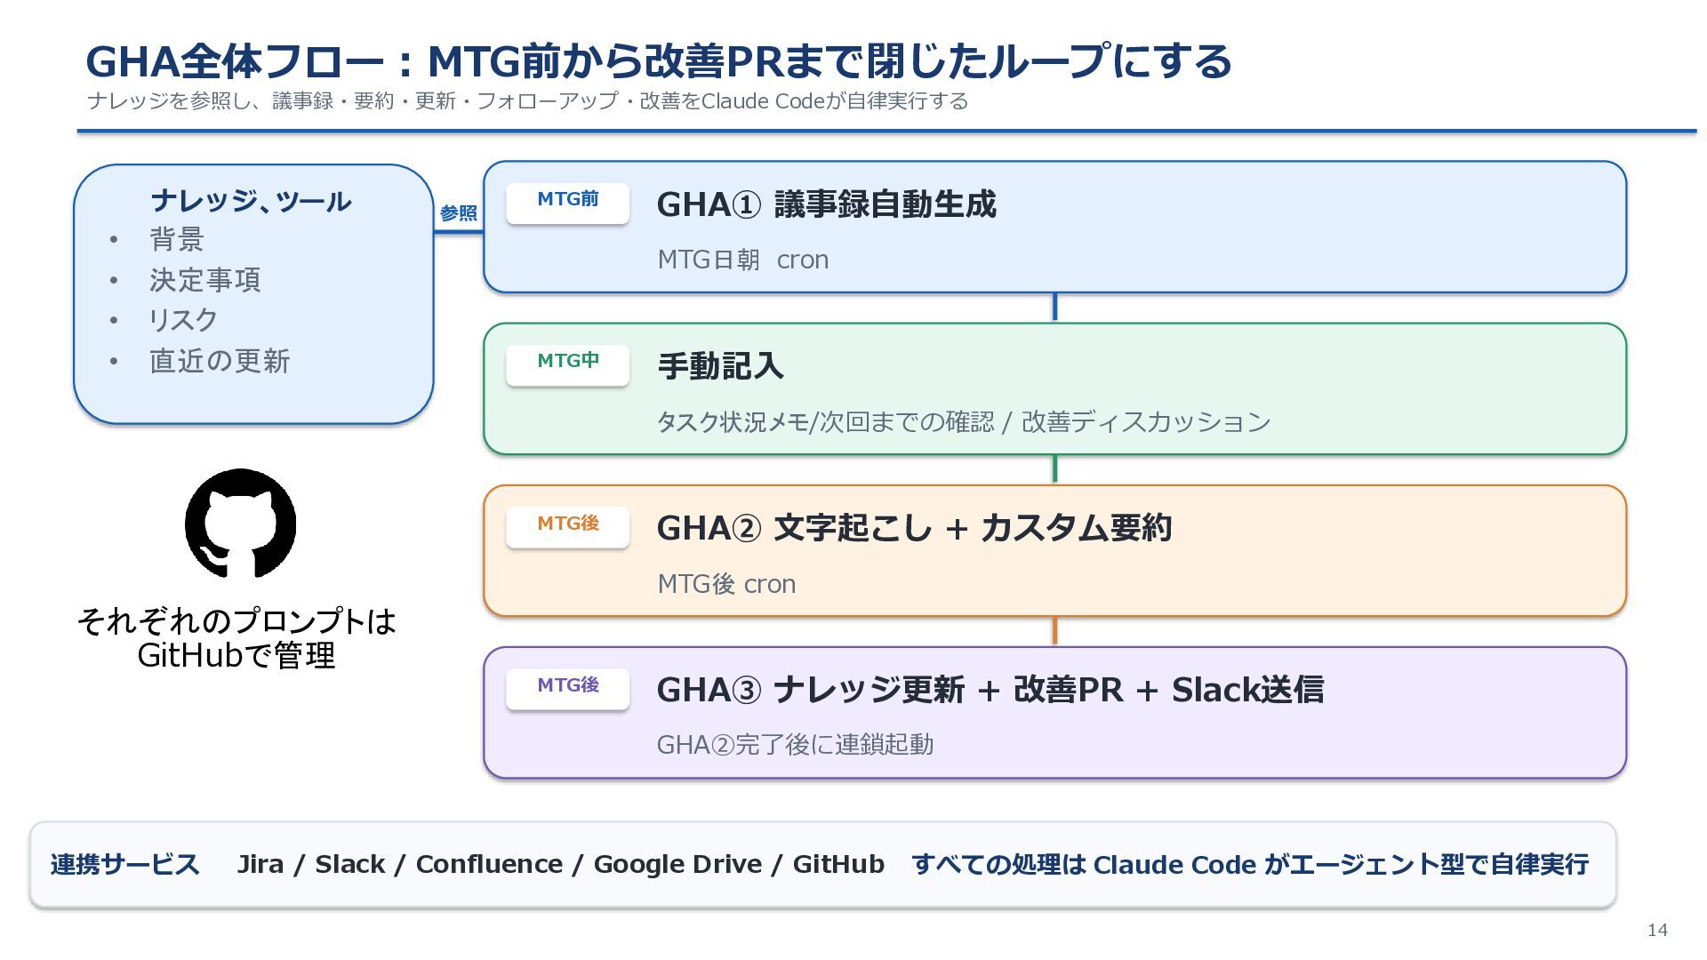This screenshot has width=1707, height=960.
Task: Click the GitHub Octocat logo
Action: point(240,523)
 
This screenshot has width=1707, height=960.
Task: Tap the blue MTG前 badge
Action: point(568,203)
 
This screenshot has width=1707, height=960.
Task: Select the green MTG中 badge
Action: point(568,364)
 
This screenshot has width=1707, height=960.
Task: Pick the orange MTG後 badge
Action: point(568,526)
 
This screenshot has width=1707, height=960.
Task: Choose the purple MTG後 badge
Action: point(568,688)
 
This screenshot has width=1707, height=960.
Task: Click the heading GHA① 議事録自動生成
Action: point(826,204)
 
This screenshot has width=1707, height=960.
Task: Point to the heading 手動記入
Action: point(720,366)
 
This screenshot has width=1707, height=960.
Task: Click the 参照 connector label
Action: point(458,213)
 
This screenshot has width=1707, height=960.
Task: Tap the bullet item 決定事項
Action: point(204,280)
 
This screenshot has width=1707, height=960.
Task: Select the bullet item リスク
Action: point(183,320)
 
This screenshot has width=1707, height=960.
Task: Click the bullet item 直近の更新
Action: point(220,361)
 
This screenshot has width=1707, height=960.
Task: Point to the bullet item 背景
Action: point(177,239)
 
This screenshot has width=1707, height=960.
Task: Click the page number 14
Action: point(1657,930)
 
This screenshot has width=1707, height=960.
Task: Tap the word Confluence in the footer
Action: point(489,864)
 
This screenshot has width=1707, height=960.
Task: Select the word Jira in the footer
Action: point(260,864)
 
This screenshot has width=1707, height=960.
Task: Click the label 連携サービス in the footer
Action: point(125,864)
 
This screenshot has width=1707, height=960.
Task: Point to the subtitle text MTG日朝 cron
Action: point(742,260)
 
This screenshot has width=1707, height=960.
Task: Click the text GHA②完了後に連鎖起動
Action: point(795,744)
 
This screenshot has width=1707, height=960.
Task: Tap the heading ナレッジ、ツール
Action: point(251,201)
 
